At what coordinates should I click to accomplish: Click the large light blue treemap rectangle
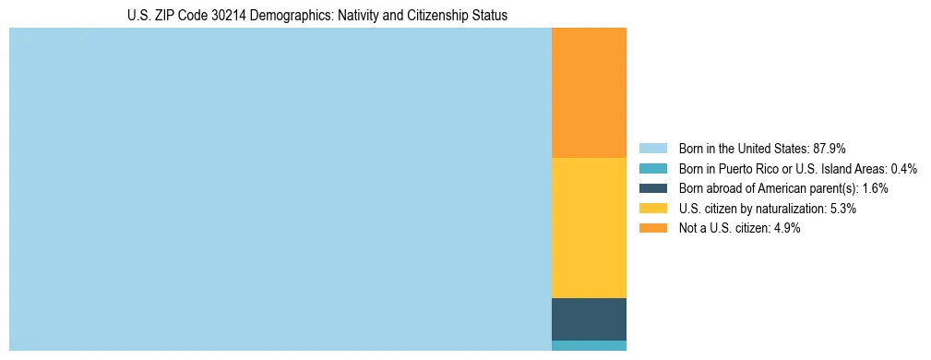(x=280, y=189)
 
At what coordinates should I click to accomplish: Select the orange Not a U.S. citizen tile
(x=589, y=92)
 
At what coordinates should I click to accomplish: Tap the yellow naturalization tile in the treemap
(x=589, y=228)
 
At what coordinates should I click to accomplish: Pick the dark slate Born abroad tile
(x=589, y=319)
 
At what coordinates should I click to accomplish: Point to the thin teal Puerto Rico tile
(x=589, y=346)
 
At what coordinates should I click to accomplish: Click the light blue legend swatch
(x=652, y=148)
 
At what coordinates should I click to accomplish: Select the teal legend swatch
(x=652, y=168)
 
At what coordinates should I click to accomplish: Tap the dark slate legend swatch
(x=652, y=188)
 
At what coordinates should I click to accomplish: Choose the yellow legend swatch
(x=652, y=209)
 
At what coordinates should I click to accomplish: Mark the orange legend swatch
(x=652, y=229)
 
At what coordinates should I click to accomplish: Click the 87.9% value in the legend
(x=830, y=148)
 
